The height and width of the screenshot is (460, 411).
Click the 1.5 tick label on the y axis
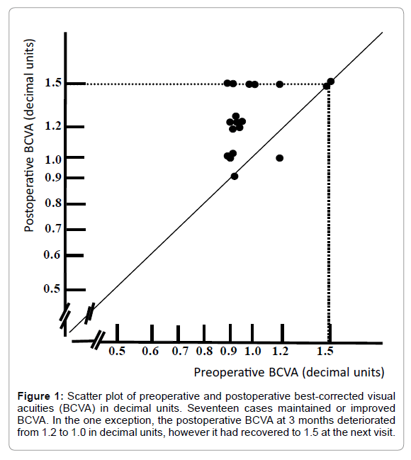click(x=53, y=83)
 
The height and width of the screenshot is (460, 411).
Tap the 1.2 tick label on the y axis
click(x=53, y=126)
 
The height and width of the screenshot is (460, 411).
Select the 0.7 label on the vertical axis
click(x=53, y=228)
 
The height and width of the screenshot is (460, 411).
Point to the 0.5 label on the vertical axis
click(x=52, y=288)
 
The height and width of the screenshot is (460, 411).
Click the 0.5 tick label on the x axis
click(x=117, y=351)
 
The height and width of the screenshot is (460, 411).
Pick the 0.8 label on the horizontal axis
click(x=204, y=351)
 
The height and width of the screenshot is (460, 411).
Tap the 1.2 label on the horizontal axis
click(x=280, y=351)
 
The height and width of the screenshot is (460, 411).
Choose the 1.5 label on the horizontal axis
click(x=325, y=351)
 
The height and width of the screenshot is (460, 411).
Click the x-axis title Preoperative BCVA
click(x=289, y=372)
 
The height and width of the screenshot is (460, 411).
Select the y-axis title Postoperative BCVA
click(x=29, y=135)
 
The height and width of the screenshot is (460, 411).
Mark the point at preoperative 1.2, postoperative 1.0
click(x=280, y=158)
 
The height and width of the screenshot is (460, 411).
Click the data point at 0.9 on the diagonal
click(x=235, y=176)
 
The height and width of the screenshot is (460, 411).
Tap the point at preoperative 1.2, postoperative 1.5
click(x=280, y=84)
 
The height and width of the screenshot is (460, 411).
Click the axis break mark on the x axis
click(x=98, y=340)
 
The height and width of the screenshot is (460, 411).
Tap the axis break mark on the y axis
click(x=65, y=316)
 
